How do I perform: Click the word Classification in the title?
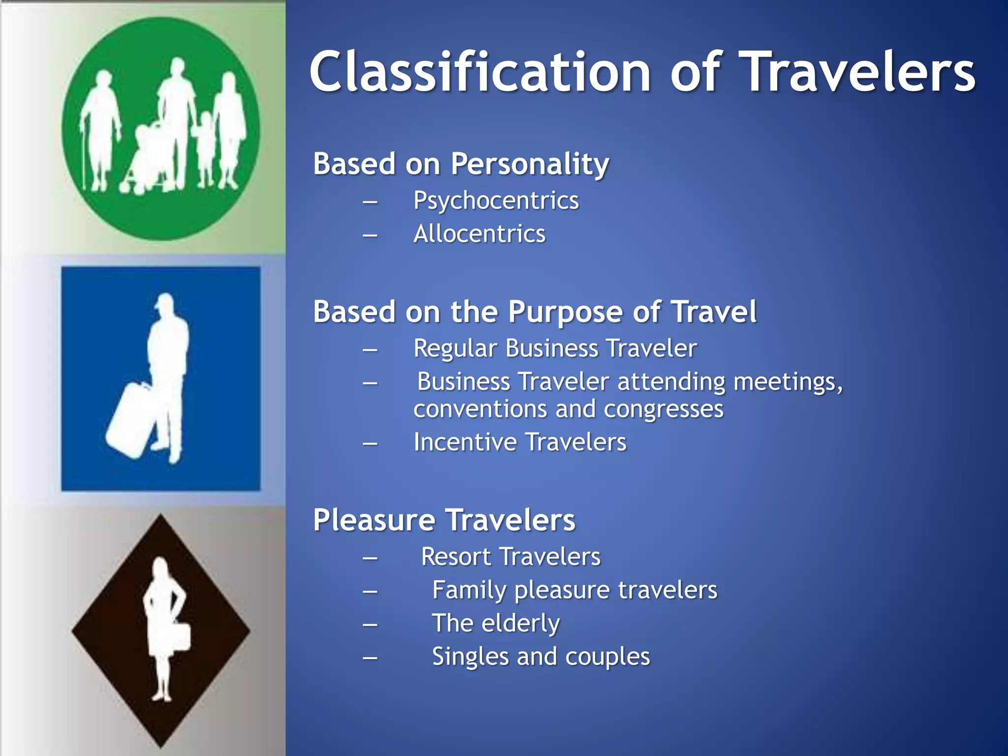(480, 73)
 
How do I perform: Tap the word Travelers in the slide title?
(858, 73)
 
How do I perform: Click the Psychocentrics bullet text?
(496, 201)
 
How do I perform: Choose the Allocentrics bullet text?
(479, 234)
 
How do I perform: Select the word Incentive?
(465, 442)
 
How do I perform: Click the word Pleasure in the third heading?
(375, 520)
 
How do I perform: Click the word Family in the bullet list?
(469, 591)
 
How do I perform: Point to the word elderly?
(521, 624)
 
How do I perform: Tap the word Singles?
(470, 657)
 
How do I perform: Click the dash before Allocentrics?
(370, 235)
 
